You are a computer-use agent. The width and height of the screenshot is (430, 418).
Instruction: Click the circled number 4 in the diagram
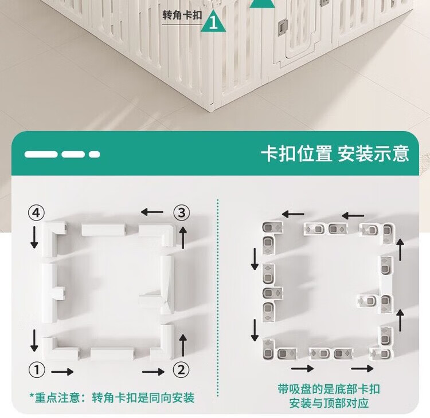coord(36,214)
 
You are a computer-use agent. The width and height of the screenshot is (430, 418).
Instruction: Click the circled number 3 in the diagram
coord(181,213)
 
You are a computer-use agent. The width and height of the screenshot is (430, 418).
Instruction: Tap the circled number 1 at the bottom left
coord(36,370)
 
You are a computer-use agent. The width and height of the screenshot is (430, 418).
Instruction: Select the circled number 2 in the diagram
coord(181,370)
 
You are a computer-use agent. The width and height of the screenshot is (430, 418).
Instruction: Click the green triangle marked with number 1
coord(214,21)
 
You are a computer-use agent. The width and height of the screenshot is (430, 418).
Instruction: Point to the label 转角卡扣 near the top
coord(182,14)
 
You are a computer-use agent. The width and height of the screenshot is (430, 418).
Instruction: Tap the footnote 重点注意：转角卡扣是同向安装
coord(112,397)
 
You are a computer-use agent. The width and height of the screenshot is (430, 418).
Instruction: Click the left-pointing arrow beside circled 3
coord(152,212)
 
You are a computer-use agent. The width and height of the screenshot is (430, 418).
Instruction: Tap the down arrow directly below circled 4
coord(34,236)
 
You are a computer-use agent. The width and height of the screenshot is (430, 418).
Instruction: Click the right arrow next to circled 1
coord(62,372)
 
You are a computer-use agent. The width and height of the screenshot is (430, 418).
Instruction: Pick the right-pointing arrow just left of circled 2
coord(153,372)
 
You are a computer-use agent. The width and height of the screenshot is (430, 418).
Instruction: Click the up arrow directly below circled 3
coord(183,236)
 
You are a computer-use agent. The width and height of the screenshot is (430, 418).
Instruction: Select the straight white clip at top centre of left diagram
coord(103,230)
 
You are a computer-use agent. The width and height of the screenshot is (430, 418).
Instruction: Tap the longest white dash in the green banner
coord(41,154)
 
